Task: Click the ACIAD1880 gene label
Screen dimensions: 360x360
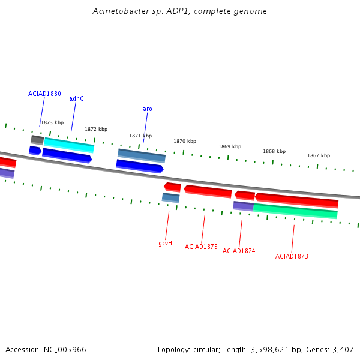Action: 44,94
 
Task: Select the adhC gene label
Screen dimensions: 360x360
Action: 76,98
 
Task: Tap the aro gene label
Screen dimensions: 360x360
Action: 148,109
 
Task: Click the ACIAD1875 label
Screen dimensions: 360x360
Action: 201,247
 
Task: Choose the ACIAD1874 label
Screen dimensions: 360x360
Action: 239,251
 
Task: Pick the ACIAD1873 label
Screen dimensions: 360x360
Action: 292,256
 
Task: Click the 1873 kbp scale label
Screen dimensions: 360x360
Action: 52,122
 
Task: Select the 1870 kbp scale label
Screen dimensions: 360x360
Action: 185,141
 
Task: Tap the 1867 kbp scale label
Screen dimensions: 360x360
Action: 319,155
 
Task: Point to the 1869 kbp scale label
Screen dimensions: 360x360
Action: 230,146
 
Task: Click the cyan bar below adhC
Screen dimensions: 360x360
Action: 69,145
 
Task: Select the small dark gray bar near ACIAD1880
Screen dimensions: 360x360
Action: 37,140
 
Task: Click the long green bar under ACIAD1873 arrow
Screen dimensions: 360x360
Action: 295,211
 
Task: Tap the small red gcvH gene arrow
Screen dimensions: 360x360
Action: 172,187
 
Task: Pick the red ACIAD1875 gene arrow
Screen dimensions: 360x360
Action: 208,191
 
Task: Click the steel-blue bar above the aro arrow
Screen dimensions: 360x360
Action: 142,155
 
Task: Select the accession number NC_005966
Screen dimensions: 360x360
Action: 65,350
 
